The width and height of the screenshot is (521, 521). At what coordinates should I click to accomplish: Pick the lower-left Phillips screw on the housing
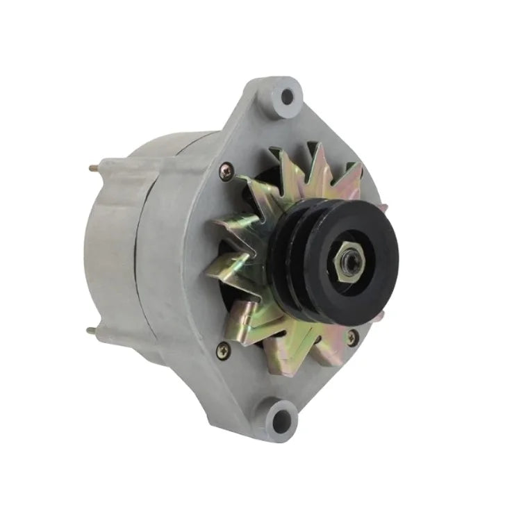[222, 351]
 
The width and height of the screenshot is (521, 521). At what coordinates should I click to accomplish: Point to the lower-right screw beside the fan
[352, 337]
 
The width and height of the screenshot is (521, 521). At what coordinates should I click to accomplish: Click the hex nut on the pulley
[352, 262]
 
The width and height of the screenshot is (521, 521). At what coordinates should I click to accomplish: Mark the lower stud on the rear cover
[91, 331]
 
